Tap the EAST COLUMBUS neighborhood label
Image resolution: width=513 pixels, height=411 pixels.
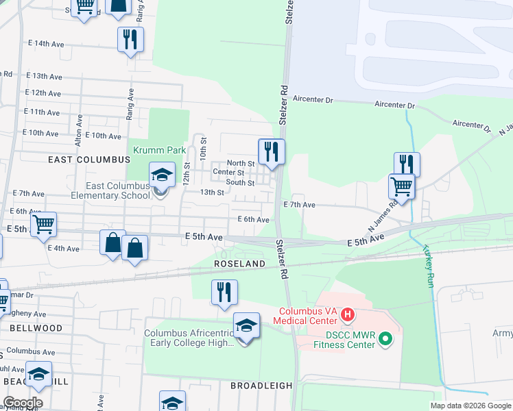(89, 159)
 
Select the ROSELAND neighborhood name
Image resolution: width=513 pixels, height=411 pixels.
(239, 263)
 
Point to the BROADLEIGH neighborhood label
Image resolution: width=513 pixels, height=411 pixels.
(261, 386)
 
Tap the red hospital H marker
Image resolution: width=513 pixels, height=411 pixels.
(348, 314)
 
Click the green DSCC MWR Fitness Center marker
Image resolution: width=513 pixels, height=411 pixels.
(385, 338)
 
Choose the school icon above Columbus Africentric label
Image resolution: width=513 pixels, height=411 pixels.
(246, 326)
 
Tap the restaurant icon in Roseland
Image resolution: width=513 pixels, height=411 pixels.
(224, 292)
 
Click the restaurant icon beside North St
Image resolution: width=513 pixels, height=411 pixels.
(272, 151)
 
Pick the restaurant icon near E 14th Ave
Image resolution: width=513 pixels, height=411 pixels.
(130, 40)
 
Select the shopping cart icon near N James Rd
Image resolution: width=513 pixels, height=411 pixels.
(401, 186)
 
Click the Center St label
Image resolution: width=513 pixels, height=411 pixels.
(228, 172)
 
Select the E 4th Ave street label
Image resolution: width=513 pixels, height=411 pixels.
(64, 248)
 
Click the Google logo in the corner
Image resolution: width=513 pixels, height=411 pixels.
(22, 403)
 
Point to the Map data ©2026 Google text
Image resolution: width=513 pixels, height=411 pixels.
(470, 406)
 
